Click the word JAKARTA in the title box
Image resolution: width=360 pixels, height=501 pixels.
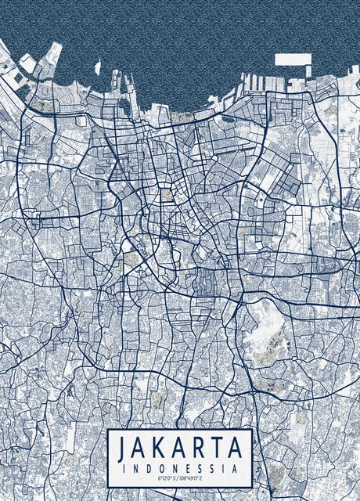[180, 449]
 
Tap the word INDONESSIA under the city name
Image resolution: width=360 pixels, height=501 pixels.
[180, 467]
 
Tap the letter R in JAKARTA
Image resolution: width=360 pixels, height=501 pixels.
[200, 449]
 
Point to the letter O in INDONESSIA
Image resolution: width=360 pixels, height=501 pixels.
[160, 467]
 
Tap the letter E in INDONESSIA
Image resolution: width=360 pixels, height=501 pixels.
[187, 467]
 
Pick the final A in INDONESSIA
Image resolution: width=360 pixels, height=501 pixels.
[236, 467]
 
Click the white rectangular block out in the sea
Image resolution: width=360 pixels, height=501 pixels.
[292, 59]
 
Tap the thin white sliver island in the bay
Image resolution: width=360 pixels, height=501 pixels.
[98, 67]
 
